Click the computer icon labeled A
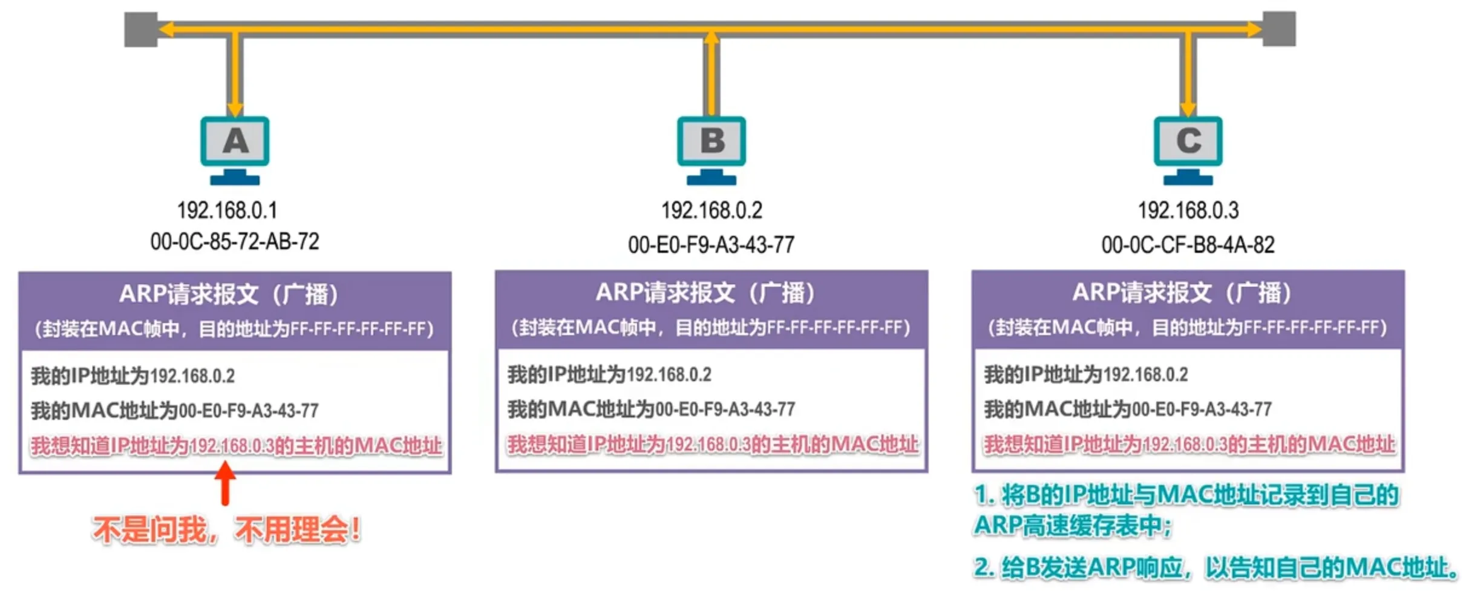(235, 148)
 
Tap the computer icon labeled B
(712, 148)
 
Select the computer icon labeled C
(1188, 148)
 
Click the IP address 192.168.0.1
(227, 211)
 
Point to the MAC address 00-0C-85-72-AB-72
(235, 242)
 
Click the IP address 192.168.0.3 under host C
(1188, 211)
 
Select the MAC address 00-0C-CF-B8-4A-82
(1188, 245)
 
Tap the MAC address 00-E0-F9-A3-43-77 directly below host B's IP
(711, 245)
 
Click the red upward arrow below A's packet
(225, 483)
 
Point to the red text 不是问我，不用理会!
(227, 530)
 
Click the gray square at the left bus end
(140, 29)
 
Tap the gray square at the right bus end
(1279, 28)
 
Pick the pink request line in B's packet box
(712, 445)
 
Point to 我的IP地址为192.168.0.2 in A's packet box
(133, 376)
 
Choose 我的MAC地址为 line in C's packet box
(1128, 410)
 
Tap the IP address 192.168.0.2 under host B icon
(712, 211)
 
